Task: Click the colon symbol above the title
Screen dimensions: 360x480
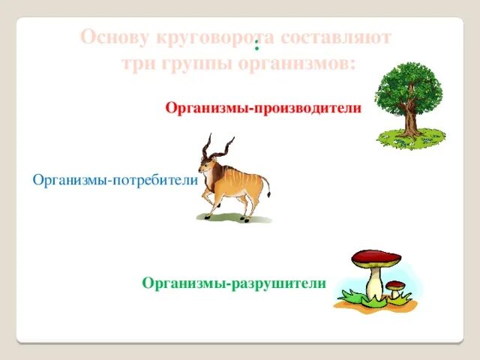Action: pyautogui.click(x=256, y=43)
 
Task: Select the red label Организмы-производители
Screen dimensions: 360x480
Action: pyautogui.click(x=263, y=109)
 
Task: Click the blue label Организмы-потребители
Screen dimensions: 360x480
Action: pyautogui.click(x=115, y=181)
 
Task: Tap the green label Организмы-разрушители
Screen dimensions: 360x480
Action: pyautogui.click(x=234, y=283)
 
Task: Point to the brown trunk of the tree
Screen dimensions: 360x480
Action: pyautogui.click(x=410, y=120)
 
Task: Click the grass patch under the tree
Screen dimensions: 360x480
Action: pyautogui.click(x=411, y=139)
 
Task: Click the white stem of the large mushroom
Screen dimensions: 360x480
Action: pyautogui.click(x=374, y=283)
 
